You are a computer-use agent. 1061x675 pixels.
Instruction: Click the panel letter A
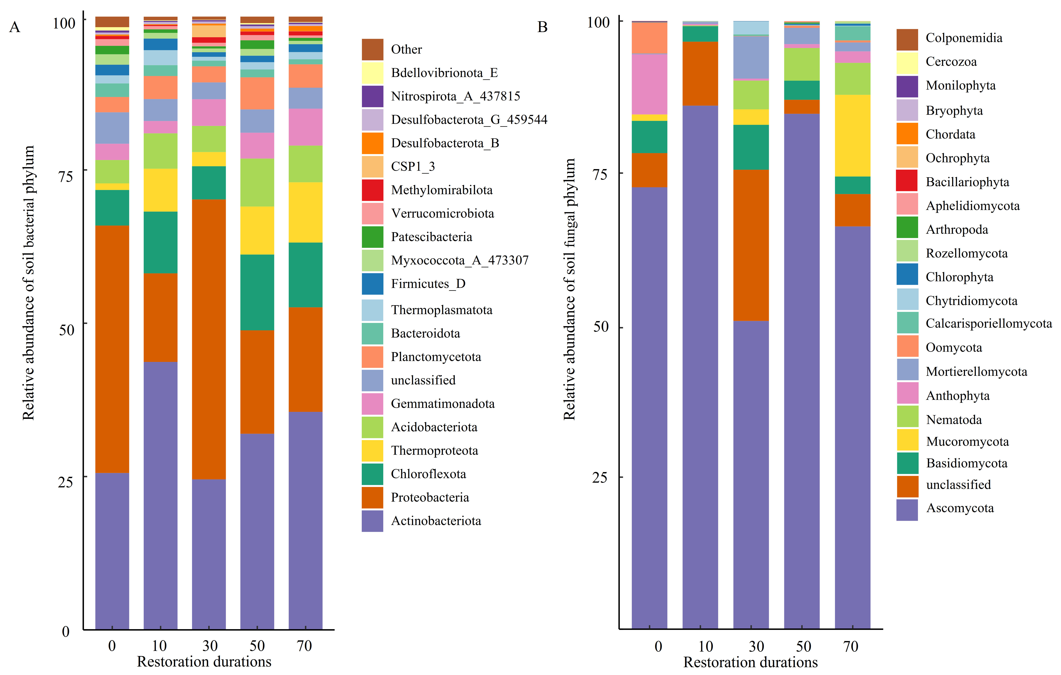14,27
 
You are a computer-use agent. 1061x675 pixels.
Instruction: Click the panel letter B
542,27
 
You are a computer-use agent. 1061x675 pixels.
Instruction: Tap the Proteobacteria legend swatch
372,497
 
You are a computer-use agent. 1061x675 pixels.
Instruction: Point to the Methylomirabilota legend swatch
372,190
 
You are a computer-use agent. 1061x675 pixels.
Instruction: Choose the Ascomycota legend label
960,508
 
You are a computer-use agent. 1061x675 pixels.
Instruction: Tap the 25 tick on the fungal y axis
600,478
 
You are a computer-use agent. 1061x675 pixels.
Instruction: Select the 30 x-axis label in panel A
210,646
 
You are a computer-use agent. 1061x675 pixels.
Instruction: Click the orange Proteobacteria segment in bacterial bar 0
112,348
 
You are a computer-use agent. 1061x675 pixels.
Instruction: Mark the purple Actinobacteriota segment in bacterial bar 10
160,493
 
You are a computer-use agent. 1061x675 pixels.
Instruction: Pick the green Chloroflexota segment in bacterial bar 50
257,292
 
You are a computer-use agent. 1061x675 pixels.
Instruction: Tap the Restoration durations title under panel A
204,662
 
